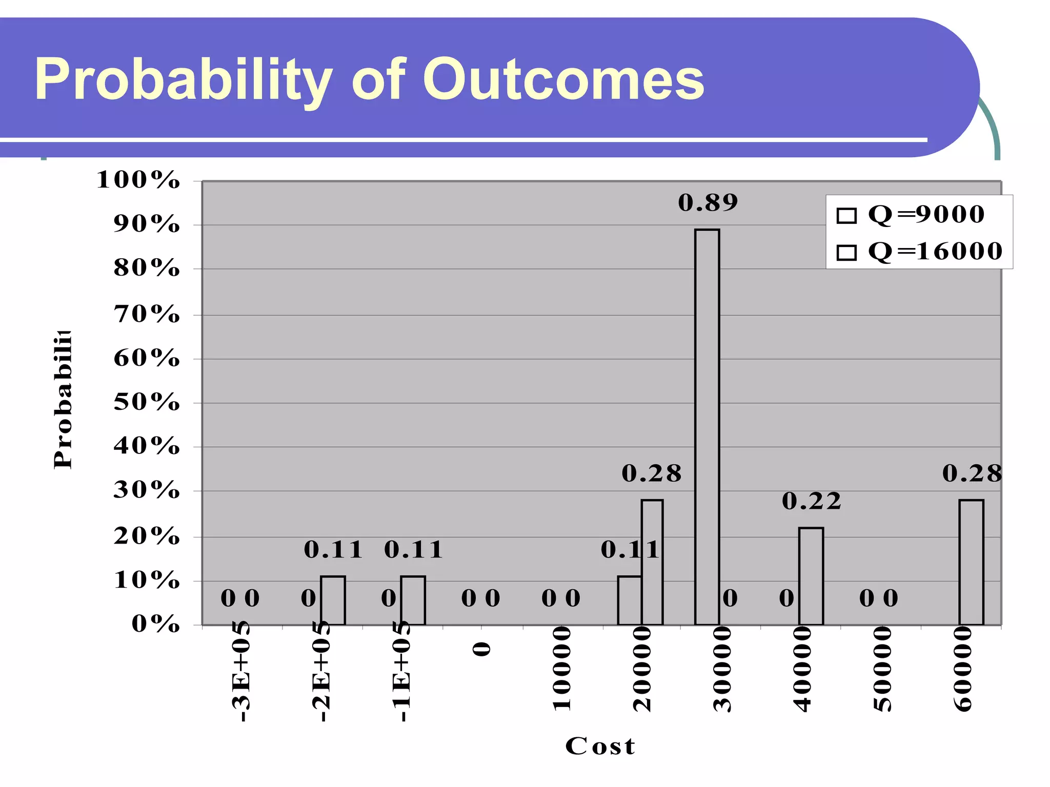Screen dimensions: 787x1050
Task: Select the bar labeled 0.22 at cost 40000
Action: [811, 576]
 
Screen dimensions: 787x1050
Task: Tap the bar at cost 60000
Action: [971, 562]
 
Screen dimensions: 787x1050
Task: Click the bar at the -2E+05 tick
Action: [333, 600]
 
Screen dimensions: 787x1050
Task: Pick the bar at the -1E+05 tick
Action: [413, 600]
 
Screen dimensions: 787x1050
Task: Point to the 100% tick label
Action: [138, 180]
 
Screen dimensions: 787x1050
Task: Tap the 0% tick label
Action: [155, 624]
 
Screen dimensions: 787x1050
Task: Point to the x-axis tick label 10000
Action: [562, 669]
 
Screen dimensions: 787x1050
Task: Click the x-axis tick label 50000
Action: [882, 669]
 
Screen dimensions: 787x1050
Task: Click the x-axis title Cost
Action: [600, 746]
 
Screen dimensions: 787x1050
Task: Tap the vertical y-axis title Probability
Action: [63, 400]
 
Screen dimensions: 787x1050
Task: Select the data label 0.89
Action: [708, 203]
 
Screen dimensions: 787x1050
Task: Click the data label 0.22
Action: [812, 501]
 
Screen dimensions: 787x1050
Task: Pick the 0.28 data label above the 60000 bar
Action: [972, 473]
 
